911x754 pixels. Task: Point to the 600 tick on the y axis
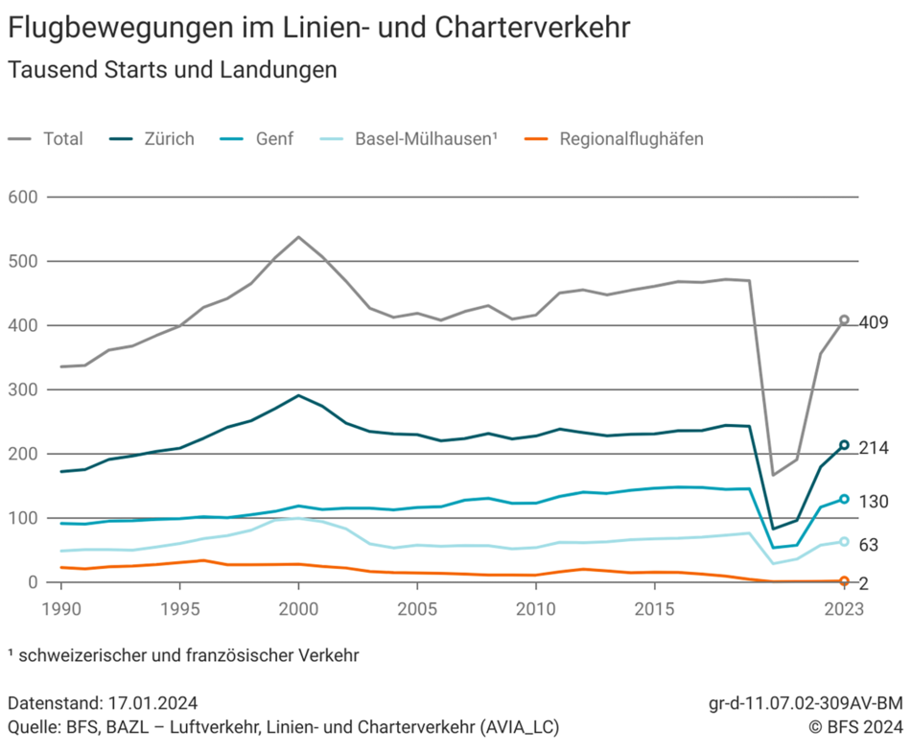[x=22, y=198]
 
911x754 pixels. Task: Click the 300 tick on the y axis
[x=22, y=389]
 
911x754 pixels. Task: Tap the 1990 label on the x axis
[x=59, y=609]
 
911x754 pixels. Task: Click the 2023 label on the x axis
[x=844, y=609]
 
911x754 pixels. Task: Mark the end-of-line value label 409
[x=874, y=322]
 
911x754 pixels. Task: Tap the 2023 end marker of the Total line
[x=845, y=319]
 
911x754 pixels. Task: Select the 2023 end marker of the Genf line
[x=845, y=499]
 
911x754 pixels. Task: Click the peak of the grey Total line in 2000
[x=298, y=237]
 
